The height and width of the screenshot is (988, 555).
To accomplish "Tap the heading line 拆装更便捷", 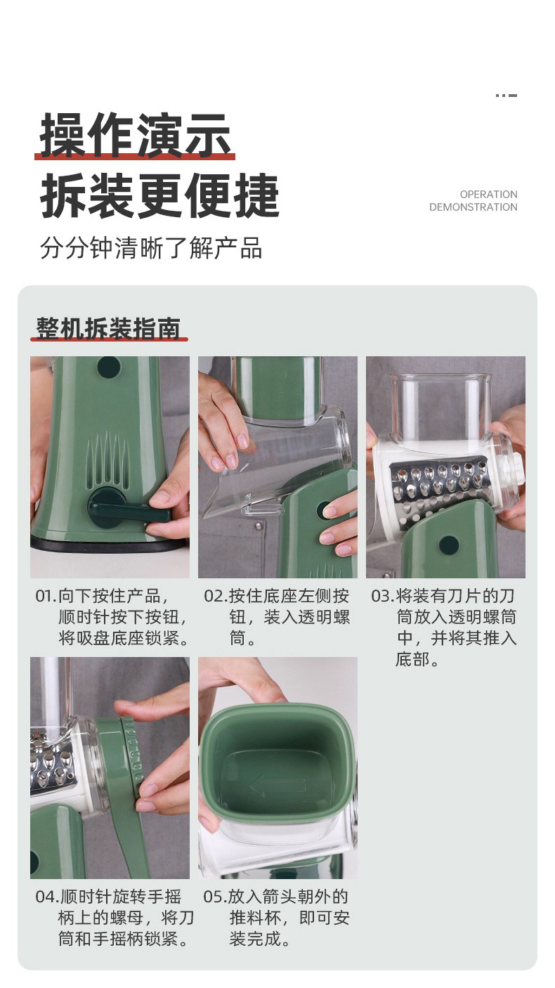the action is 159,195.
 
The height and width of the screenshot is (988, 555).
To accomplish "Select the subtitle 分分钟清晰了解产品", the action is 151,247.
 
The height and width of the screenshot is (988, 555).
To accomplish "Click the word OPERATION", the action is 488,195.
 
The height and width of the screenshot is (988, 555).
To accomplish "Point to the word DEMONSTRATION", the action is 474,207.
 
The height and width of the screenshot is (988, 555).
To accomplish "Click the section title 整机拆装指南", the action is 108,328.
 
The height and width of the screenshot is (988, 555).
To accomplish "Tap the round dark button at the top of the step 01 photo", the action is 108,367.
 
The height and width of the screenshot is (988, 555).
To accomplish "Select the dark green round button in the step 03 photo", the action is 449,545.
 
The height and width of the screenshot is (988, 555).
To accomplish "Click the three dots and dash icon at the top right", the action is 506,96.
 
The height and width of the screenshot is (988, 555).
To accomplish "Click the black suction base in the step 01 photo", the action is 110,543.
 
